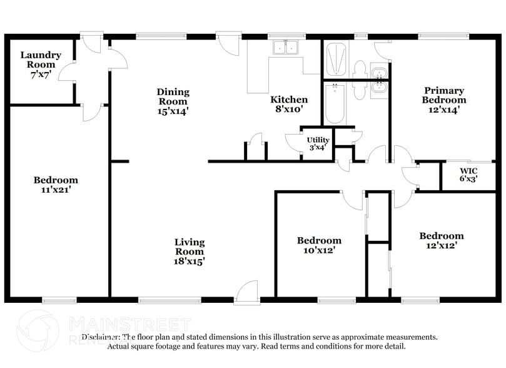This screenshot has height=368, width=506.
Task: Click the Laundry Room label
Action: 41,59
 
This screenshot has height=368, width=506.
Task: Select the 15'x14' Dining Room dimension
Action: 173,111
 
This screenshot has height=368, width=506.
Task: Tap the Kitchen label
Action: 288,100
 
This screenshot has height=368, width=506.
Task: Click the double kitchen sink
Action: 285,47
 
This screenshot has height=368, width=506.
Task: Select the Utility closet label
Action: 317,140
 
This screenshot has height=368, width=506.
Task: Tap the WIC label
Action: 468,170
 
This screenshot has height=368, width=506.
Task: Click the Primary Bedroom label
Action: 443,95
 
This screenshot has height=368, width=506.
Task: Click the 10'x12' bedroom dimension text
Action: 318,250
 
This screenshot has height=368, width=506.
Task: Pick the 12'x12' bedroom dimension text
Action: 441,246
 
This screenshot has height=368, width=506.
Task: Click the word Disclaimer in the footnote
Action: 99,337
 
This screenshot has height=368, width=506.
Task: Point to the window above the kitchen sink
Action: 285,36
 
